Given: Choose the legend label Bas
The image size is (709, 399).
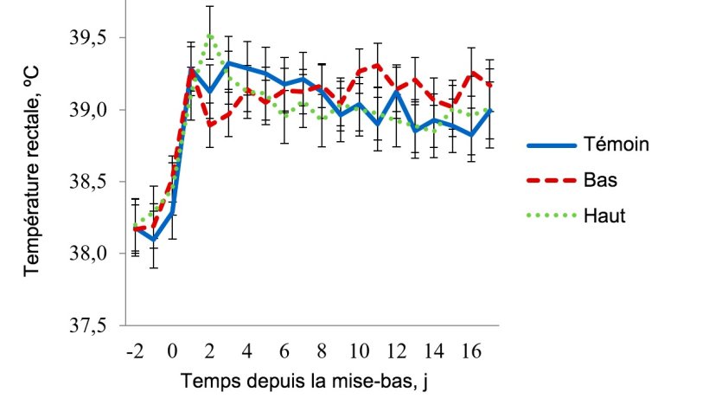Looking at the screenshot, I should coord(601,180).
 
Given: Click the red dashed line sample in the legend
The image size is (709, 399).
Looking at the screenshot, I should coord(547,180).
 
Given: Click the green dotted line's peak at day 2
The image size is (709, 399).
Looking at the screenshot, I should coord(209,35).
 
